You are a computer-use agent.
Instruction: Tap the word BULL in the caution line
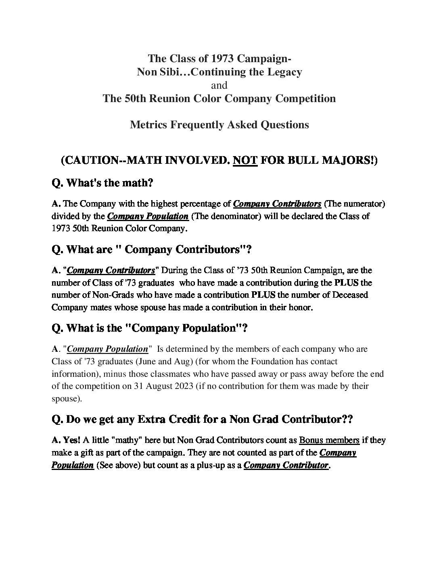(x=298, y=161)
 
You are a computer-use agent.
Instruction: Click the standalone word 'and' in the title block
(x=219, y=85)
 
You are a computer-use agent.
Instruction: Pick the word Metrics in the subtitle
(x=148, y=125)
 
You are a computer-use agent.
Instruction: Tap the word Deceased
(x=350, y=295)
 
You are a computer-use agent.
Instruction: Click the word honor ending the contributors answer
(x=300, y=307)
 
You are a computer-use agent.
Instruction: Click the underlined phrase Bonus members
(x=329, y=440)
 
